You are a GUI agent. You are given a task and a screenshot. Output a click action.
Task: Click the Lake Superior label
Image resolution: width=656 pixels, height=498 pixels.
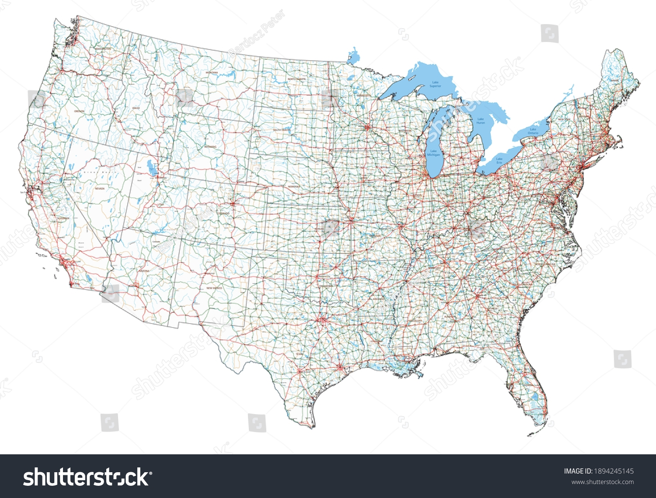tap(435, 84)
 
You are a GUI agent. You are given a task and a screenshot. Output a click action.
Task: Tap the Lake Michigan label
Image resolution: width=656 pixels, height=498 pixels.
tap(433, 153)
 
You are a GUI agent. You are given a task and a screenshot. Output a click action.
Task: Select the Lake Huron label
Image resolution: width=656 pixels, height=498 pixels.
tap(481, 121)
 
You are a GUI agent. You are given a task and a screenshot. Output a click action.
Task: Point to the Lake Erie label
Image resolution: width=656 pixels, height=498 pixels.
tap(499, 161)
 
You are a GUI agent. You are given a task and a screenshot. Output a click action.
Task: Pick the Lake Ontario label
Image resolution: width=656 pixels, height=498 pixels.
tap(533, 131)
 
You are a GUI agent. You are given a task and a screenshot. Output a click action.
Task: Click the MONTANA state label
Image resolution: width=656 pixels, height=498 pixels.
tap(212, 72)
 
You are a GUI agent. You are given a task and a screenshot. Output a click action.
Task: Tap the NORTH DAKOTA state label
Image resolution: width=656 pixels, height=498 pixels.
tap(297, 79)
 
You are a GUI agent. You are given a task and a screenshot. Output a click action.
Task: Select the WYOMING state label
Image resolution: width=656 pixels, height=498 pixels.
tap(210, 147)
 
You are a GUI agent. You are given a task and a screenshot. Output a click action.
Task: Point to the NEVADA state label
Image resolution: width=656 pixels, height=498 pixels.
tap(100, 188)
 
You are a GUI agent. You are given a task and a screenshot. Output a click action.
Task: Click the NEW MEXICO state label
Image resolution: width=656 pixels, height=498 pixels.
tap(214, 288)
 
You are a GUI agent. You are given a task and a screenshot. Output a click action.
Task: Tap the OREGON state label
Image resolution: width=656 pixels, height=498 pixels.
tap(79, 111)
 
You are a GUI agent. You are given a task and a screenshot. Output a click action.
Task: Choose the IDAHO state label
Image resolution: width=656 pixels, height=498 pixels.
tap(136, 107)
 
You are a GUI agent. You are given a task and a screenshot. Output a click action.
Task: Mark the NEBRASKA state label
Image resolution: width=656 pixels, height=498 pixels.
tap(294, 187)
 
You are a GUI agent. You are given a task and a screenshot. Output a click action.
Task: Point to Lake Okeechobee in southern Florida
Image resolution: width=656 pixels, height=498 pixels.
tap(534, 398)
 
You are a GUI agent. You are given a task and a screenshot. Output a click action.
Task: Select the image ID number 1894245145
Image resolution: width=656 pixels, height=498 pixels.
tap(614, 471)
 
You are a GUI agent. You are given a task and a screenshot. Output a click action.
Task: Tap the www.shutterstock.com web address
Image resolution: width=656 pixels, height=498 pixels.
tap(603, 482)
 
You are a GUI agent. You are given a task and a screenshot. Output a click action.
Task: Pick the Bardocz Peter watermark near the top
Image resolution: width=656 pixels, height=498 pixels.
tap(257, 34)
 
